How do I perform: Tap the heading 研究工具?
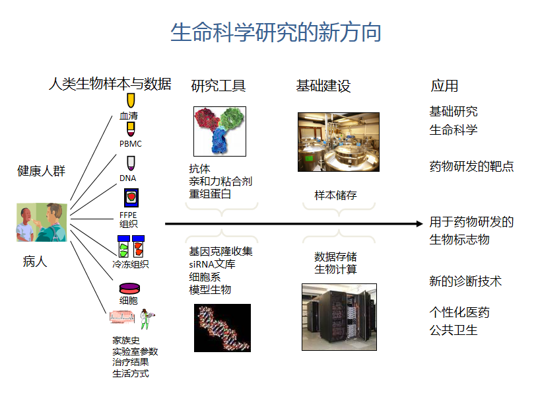pyautogui.click(x=218, y=86)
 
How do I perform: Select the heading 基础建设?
pyautogui.click(x=323, y=86)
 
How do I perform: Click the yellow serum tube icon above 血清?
pyautogui.click(x=130, y=100)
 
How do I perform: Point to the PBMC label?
pyautogui.click(x=130, y=144)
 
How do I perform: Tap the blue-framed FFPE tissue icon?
pyautogui.click(x=130, y=198)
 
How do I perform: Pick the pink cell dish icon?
pyautogui.click(x=129, y=289)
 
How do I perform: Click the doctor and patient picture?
pyautogui.click(x=42, y=223)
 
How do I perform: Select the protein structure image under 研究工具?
pyautogui.click(x=220, y=131)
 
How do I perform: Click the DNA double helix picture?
pyautogui.click(x=222, y=328)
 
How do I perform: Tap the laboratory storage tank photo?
pyautogui.click(x=338, y=142)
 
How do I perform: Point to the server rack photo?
pyautogui.click(x=339, y=316)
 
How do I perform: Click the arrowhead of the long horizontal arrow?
pyautogui.click(x=419, y=224)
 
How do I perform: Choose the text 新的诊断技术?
pyautogui.click(x=465, y=281)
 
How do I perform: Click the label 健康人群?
pyautogui.click(x=41, y=171)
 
